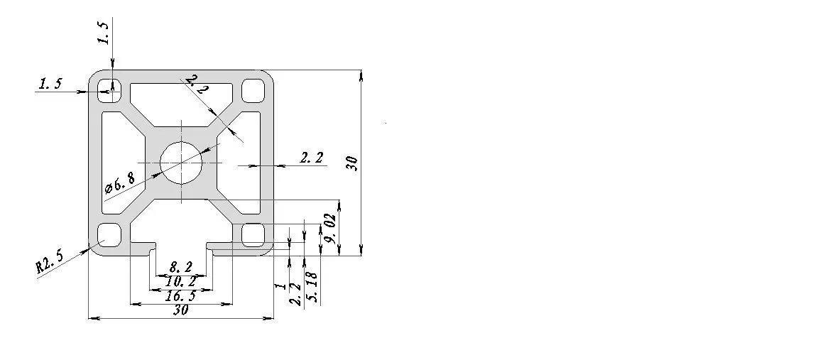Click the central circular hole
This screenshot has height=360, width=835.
[x=182, y=163]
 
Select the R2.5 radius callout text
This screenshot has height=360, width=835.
[x=49, y=261]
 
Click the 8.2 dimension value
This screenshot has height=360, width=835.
[x=181, y=267]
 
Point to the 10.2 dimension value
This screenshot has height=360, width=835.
[x=181, y=281]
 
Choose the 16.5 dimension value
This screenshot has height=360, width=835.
[x=181, y=295]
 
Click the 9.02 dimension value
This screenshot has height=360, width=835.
[x=330, y=228]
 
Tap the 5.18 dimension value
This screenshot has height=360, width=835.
[x=313, y=288]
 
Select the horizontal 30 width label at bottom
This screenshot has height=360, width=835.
[x=181, y=310]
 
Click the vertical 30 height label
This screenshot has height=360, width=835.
[x=351, y=163]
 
